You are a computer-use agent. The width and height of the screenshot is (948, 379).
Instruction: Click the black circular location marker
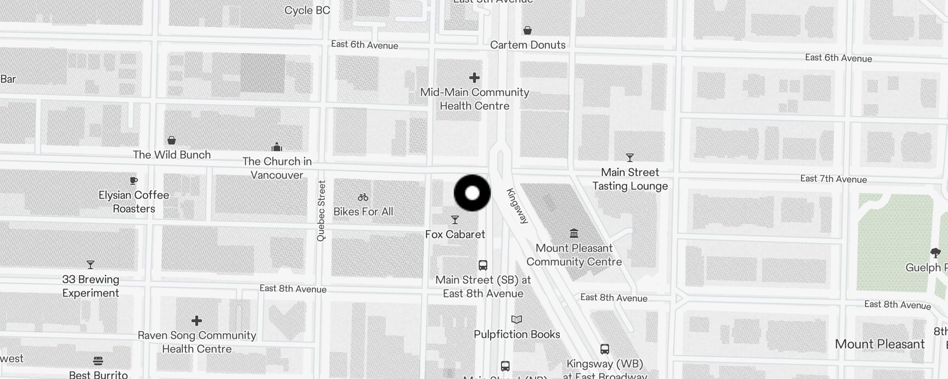coord(472,193)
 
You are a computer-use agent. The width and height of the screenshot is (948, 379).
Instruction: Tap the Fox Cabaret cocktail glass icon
coord(455,220)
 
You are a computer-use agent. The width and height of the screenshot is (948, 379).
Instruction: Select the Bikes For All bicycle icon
coord(363,197)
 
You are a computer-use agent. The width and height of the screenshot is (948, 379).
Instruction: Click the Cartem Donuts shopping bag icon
coord(528,31)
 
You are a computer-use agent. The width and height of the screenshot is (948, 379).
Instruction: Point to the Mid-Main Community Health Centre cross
coord(474,78)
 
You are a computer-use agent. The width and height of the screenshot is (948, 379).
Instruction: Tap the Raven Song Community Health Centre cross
coord(197,321)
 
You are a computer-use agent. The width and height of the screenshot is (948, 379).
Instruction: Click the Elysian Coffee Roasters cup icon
coord(134,180)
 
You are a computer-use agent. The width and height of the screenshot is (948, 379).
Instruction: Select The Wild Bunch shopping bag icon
coord(172,140)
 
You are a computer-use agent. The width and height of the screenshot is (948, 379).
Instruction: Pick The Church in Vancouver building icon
coord(277,147)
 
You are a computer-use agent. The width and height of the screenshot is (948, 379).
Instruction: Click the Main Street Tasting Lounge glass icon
coord(630,158)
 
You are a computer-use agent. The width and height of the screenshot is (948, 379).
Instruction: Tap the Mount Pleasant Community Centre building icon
coord(574,233)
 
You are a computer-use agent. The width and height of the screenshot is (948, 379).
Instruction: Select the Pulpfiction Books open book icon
coord(517,320)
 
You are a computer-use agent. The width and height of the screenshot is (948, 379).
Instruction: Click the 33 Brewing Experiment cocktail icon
coord(91,265)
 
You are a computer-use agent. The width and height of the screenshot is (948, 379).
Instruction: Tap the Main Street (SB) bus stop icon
coord(483,265)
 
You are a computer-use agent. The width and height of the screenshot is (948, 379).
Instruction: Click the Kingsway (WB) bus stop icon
coord(605,349)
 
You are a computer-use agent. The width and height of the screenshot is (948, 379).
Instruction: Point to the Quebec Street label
coord(321,211)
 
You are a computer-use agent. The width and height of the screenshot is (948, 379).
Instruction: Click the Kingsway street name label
coord(517,206)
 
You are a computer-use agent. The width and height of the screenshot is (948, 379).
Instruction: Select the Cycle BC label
coord(307,10)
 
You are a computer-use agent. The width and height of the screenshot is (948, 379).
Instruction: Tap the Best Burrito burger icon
coord(98,361)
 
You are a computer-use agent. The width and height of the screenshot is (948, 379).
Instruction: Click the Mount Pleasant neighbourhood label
coord(880,344)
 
